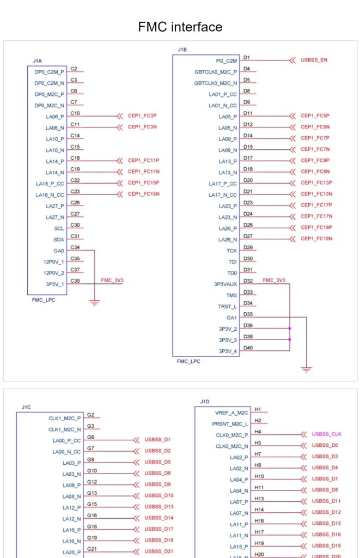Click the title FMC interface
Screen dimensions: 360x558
coord(180,27)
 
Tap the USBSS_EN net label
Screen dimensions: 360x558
coord(314,60)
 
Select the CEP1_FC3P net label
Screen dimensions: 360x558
coord(142,116)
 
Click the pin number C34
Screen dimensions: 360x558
coord(75,247)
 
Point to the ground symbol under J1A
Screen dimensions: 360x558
coord(94,303)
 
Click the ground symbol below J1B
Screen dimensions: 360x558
coord(306,369)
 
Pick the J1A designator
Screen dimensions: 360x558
coord(38,61)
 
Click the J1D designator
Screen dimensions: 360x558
coord(205,402)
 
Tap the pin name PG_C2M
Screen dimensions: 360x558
coord(226,61)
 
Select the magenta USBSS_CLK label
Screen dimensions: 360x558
coord(327,434)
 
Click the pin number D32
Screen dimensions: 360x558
coord(248,281)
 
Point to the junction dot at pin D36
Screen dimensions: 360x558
coord(290,328)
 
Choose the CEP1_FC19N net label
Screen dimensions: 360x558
coord(316,239)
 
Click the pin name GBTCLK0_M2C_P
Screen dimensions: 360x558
coord(216,72)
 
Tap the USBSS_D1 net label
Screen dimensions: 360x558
coord(157,440)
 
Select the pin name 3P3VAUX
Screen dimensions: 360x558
coord(225,284)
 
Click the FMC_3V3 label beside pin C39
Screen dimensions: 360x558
coord(112,280)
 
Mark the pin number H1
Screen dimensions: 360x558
coord(258,410)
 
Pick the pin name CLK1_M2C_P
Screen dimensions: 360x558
coord(65,418)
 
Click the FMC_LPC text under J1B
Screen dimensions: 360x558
coord(188,361)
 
